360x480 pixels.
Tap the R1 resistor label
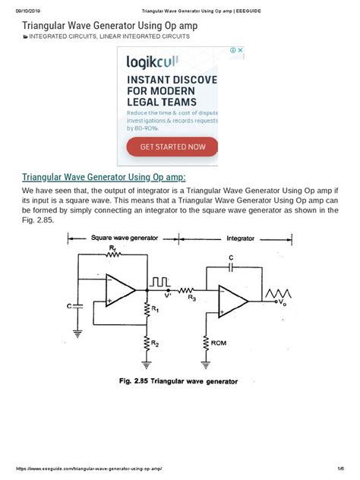pos(155,310)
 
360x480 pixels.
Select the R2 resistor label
pos(155,343)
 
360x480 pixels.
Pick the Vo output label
pos(283,302)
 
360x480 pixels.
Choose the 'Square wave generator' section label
pos(125,238)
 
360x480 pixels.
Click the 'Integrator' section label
pos(241,238)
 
